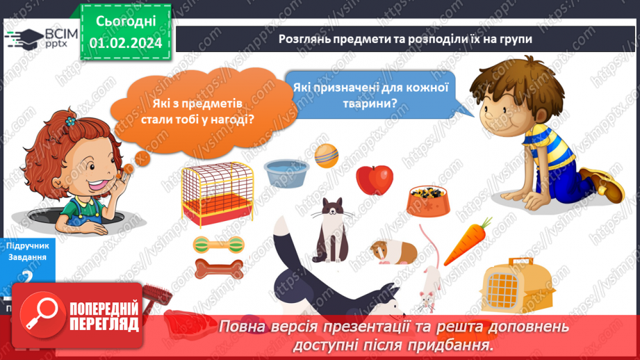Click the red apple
click(375, 179)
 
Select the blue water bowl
click(286, 173)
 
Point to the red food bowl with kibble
click(427, 199)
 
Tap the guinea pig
click(392, 251)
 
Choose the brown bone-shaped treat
click(218, 268)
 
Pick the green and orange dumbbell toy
click(218, 244)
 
